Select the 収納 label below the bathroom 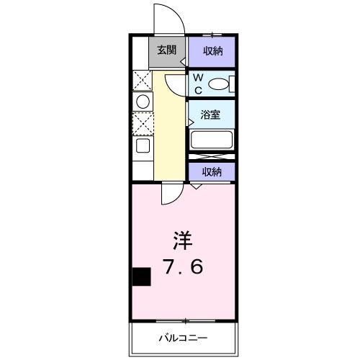click(x=211, y=171)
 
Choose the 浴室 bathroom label click(x=211, y=113)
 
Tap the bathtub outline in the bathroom click(x=212, y=139)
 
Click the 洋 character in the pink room click(x=183, y=238)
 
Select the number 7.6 click(x=183, y=266)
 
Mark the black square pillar click(x=141, y=276)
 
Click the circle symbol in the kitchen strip click(x=142, y=102)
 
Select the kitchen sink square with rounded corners click(x=142, y=146)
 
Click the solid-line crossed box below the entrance click(x=141, y=79)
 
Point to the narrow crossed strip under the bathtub click(x=212, y=156)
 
